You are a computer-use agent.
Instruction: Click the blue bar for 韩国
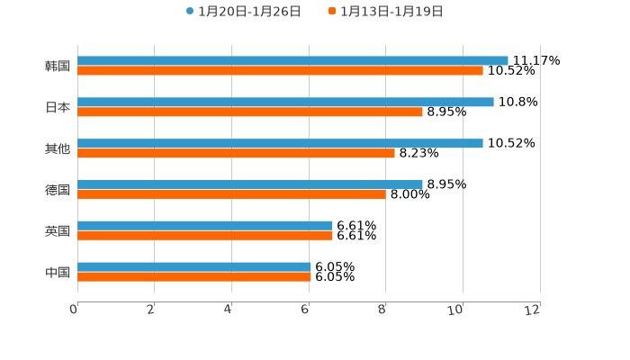[292, 60]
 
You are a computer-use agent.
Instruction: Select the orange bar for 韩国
[280, 70]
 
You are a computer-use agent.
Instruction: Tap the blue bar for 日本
[285, 102]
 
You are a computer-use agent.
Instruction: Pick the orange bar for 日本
[250, 112]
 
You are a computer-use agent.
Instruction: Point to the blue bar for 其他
[280, 143]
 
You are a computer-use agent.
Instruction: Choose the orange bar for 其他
[236, 153]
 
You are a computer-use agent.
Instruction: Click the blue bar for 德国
[250, 184]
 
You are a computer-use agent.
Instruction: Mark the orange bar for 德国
[231, 193]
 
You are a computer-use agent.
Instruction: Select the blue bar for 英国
[205, 225]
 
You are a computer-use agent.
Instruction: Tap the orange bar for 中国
[194, 276]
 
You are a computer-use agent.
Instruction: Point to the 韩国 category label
[58, 66]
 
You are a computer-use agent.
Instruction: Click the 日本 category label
[58, 107]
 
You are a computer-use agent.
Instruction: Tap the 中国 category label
[58, 272]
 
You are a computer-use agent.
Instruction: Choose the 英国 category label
[58, 230]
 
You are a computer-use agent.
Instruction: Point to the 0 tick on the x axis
[74, 310]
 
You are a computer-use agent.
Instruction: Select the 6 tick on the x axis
[305, 310]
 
